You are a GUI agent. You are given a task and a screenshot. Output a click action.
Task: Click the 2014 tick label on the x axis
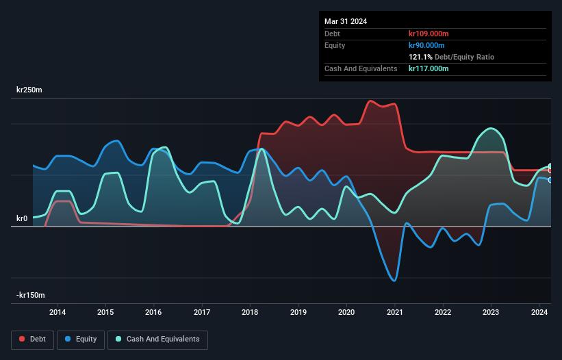point(58,313)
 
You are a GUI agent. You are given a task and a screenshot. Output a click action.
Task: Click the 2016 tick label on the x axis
point(153,313)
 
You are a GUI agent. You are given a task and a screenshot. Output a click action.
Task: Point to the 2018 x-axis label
point(251,313)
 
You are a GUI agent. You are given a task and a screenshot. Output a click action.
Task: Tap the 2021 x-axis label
point(395,313)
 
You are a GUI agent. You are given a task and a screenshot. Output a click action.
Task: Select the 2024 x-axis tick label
point(539,313)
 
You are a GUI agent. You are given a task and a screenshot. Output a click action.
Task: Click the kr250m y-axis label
point(31,90)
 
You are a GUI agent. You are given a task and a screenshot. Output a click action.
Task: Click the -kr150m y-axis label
point(31,295)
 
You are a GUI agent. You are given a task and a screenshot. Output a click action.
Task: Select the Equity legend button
point(81,339)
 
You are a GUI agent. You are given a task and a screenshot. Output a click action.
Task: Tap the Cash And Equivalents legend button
point(157,339)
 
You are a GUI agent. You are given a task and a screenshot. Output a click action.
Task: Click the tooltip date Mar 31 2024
point(346,21)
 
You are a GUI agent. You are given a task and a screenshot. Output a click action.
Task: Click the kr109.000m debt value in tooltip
point(429,34)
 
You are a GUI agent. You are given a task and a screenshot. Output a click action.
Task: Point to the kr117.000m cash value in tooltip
point(429,68)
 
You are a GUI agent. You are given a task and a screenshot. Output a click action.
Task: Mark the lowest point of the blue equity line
point(394,281)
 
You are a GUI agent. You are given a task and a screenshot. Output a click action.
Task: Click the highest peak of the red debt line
point(371,101)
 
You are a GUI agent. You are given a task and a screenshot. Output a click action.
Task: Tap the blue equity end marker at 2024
point(550,180)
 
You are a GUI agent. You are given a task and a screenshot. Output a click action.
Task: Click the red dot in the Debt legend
point(23,339)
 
